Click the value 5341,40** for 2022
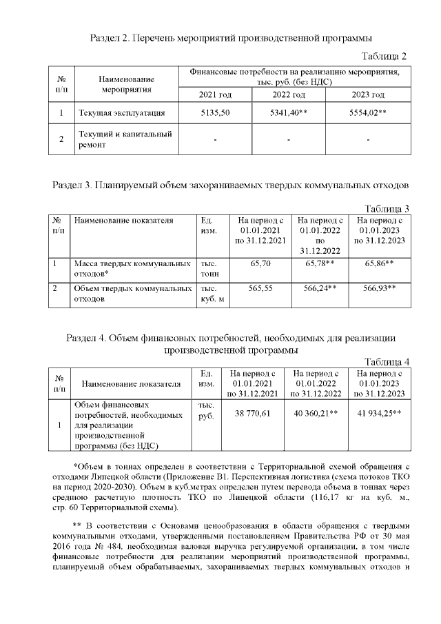pyautogui.click(x=289, y=113)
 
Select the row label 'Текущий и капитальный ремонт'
pyautogui.click(x=125, y=139)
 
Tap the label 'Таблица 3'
pyautogui.click(x=387, y=209)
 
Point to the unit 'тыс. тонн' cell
pyautogui.click(x=209, y=268)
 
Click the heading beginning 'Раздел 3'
pyautogui.click(x=231, y=185)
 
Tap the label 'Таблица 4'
pyautogui.click(x=387, y=361)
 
